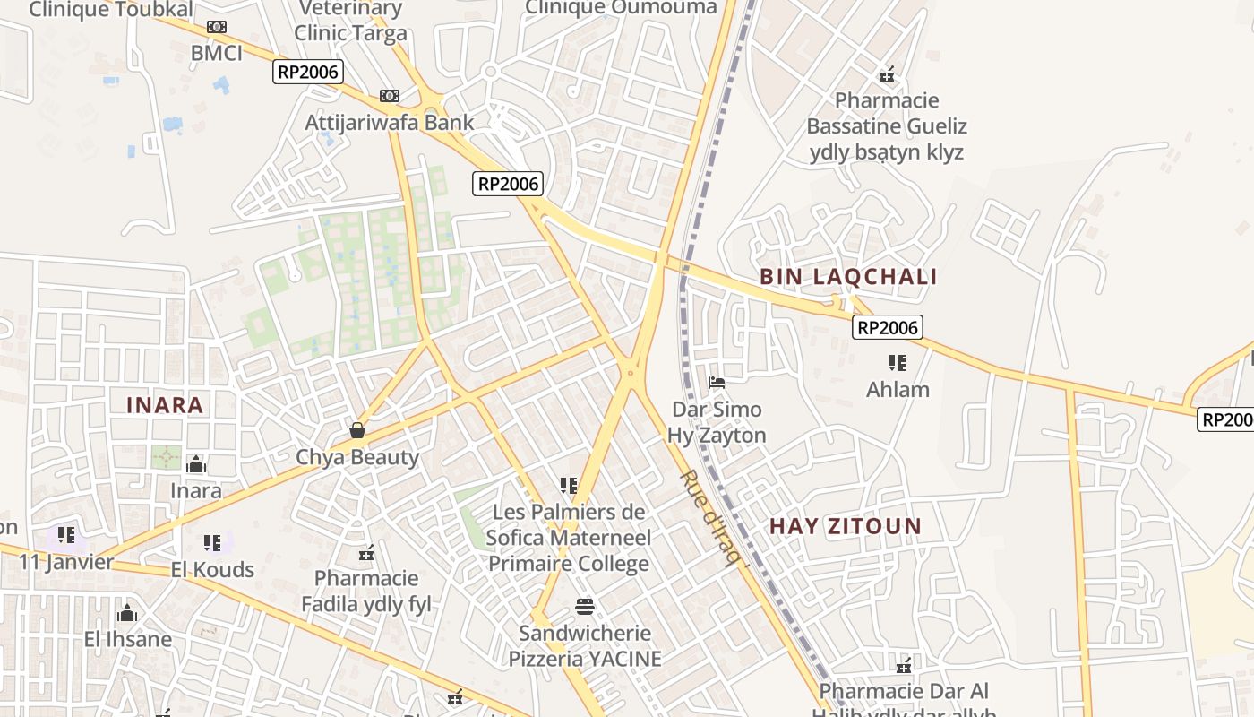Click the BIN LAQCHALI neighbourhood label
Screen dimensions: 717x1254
coord(848,277)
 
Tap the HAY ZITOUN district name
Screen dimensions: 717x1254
coord(846,526)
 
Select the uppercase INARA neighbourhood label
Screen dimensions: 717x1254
coord(165,405)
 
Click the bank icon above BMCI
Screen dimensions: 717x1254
coord(217,27)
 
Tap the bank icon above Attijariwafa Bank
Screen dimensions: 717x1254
coord(390,95)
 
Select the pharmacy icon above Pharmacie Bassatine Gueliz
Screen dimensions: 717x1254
coord(887,74)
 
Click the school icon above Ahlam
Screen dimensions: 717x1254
coord(898,363)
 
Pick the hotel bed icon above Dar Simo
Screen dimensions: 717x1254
coord(717,383)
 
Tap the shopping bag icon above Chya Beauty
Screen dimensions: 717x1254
coord(357,431)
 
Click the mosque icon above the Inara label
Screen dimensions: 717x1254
coord(196,464)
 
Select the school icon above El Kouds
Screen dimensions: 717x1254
coord(212,542)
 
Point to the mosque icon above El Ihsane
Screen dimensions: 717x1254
coord(127,613)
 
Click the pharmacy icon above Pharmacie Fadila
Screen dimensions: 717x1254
coord(366,552)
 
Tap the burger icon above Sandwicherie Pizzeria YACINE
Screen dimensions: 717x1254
coord(585,607)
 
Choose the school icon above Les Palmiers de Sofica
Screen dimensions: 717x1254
coord(569,486)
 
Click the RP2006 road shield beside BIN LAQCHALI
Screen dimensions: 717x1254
coord(887,328)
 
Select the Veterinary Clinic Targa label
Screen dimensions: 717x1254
coord(351,21)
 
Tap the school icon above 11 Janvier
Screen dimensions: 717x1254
coord(66,536)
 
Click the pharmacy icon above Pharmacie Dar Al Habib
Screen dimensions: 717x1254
coord(904,666)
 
